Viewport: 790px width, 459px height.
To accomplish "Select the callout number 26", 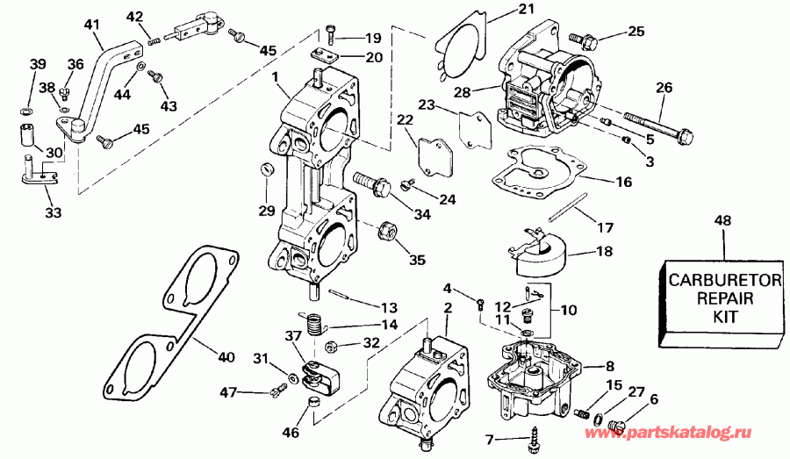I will (664, 87).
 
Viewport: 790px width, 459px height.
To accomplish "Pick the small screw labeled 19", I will (331, 36).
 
